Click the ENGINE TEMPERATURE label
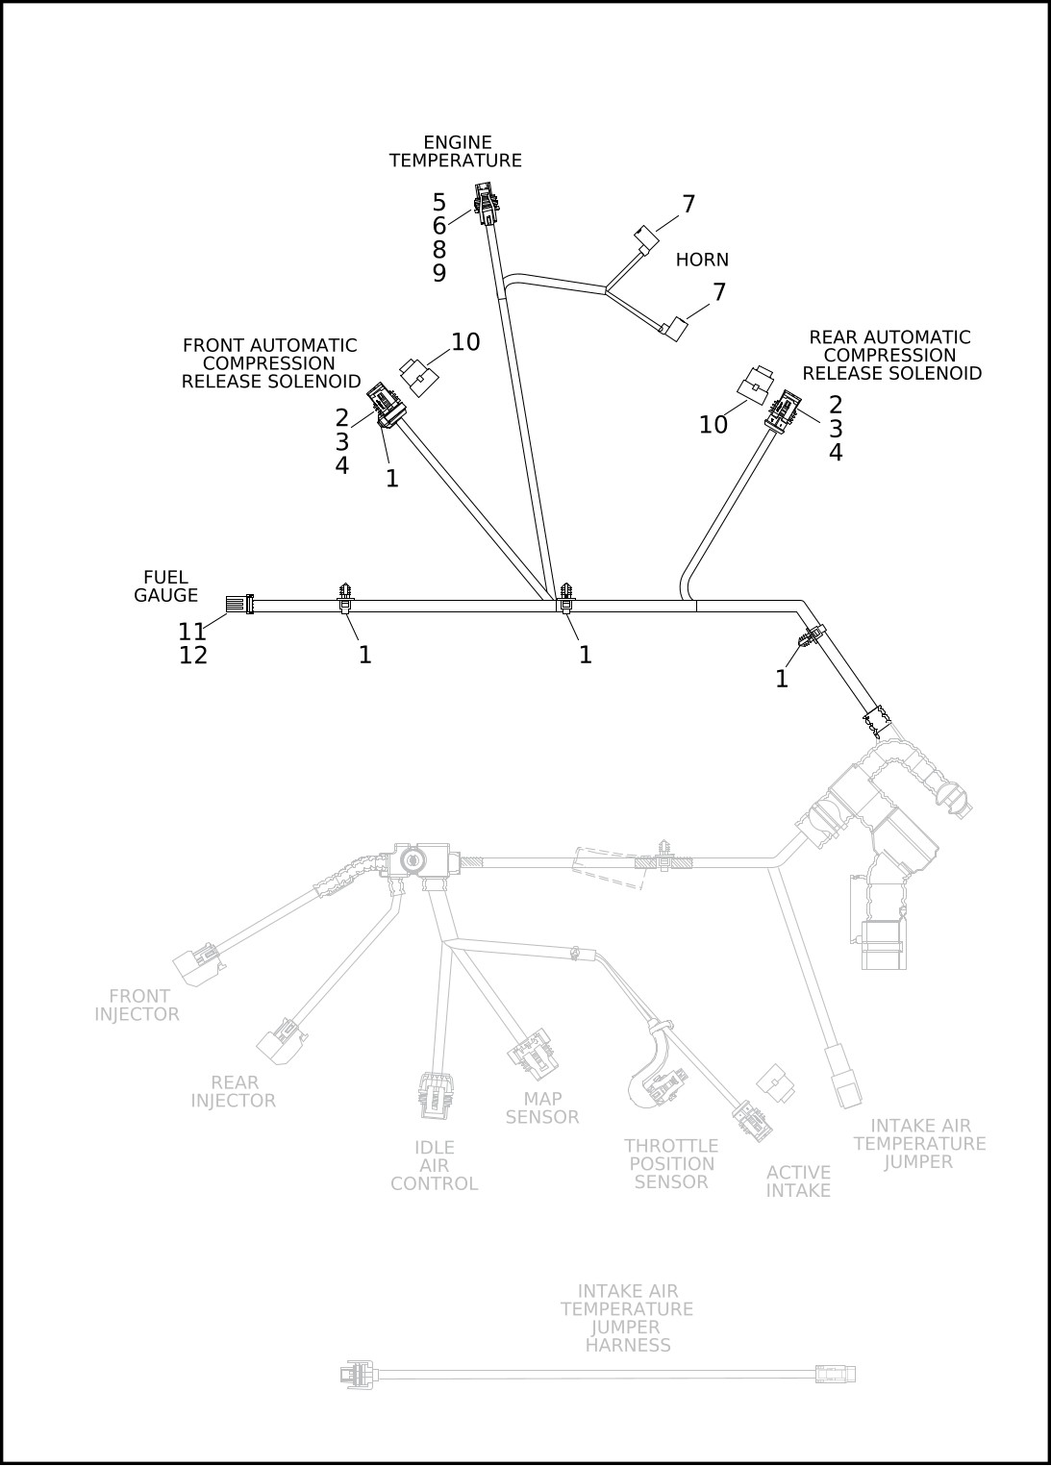tap(455, 152)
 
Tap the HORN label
tap(702, 260)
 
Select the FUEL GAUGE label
tap(165, 586)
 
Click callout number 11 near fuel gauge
tap(192, 632)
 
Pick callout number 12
tap(192, 656)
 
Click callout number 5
tap(439, 203)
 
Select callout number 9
tap(439, 273)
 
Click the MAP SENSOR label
tap(542, 1107)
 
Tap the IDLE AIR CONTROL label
tap(434, 1165)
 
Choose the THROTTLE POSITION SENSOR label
tap(671, 1163)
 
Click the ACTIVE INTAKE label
tap(798, 1181)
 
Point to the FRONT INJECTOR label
tap(138, 1005)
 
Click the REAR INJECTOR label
tap(234, 1091)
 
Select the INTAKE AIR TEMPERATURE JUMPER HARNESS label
tap(627, 1318)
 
